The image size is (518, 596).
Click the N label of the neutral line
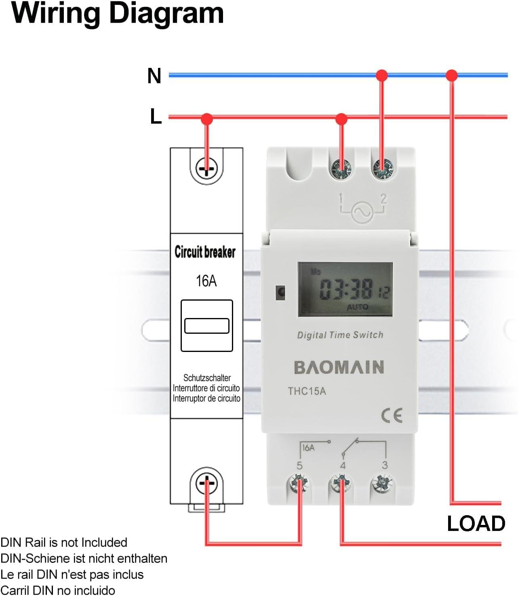[x=154, y=76]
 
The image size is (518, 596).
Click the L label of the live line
[x=156, y=116]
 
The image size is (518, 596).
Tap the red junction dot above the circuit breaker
[x=207, y=119]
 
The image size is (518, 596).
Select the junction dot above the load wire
[x=452, y=75]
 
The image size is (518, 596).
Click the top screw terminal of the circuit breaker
[x=206, y=168]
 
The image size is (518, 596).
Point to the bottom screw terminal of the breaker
[x=206, y=483]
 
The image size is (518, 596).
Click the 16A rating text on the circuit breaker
[x=206, y=281]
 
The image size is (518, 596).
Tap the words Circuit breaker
[x=205, y=252]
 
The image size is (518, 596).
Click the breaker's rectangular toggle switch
[x=206, y=326]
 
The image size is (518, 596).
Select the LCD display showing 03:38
[x=345, y=289]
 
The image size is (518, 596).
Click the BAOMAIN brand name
[x=339, y=367]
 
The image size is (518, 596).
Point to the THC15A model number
[x=307, y=391]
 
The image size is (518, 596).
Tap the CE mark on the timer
[x=392, y=415]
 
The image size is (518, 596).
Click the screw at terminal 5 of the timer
[x=299, y=483]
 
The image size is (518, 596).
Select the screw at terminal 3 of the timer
[x=382, y=483]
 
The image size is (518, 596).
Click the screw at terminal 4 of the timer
[x=341, y=483]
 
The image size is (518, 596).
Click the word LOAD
[x=476, y=524]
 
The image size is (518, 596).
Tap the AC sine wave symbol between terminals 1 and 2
[x=362, y=211]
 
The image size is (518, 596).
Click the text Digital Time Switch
[x=340, y=335]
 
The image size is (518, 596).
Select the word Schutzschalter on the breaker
[x=207, y=378]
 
